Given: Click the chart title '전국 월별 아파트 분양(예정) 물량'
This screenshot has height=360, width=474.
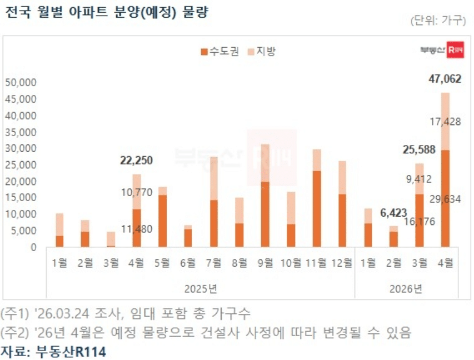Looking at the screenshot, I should [x=106, y=13].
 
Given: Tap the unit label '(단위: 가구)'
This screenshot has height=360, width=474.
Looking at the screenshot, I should [x=437, y=21].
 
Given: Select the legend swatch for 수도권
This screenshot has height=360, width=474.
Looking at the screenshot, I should [x=203, y=52].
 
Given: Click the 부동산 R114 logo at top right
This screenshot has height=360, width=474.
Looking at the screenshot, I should [x=442, y=51].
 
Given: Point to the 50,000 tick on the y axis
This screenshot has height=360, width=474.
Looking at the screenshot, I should [x=21, y=83].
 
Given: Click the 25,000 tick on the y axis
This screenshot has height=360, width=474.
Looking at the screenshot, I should [x=21, y=165].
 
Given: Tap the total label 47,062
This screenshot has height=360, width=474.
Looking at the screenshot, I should [x=445, y=79].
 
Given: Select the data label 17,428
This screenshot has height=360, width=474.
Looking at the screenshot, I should [x=445, y=121].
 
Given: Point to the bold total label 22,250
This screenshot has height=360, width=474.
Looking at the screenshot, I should [x=136, y=161].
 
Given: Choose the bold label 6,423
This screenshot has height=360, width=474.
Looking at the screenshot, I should [x=393, y=212].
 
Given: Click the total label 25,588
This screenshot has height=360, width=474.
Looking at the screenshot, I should [x=419, y=149].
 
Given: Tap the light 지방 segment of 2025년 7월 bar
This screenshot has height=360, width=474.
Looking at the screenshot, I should [x=214, y=178].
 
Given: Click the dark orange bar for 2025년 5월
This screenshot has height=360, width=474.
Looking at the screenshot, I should [x=162, y=221].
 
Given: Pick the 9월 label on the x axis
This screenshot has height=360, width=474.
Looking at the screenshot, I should [x=266, y=262].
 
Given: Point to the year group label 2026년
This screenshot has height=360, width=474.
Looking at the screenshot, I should [x=406, y=289].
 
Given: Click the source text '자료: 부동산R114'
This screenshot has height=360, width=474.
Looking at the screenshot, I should [x=53, y=351].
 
